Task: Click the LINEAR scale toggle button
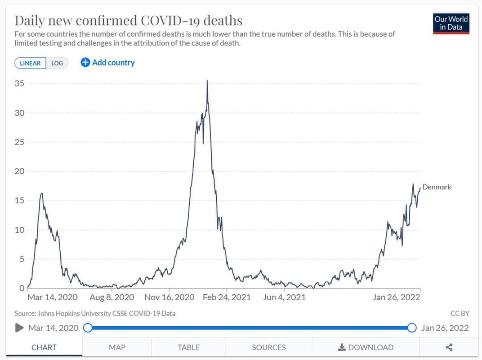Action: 31,63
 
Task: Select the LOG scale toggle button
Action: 57,63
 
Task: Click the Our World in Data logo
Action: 451,24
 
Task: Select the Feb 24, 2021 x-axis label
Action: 227,297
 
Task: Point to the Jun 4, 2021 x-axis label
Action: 284,297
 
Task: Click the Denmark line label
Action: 437,187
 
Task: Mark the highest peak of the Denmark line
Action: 207,81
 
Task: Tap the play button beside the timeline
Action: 19,328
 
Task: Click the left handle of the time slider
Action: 88,328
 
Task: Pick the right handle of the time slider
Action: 411,328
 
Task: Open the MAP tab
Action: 117,347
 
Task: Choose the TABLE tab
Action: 189,347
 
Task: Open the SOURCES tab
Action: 269,347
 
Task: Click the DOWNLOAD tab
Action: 366,347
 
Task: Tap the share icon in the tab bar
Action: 449,347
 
